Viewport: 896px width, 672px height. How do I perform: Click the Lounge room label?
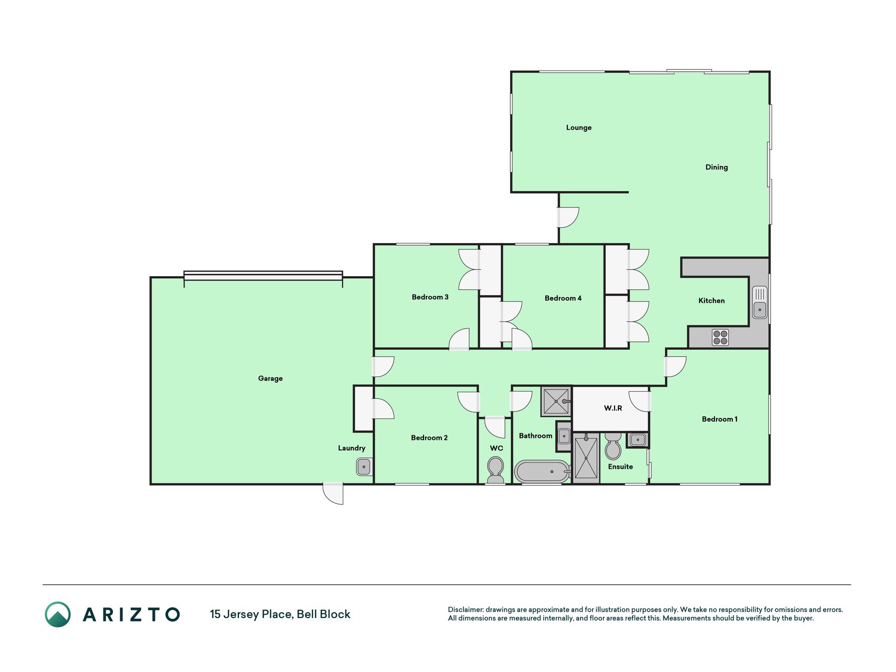[x=578, y=128]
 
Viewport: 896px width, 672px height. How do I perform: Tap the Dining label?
[x=716, y=167]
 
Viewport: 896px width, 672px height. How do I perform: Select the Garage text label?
[x=270, y=379]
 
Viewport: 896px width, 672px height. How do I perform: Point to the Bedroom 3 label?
[x=430, y=297]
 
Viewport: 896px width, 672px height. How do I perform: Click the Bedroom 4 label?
[x=563, y=298]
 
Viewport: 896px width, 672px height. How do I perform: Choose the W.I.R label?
[x=613, y=408]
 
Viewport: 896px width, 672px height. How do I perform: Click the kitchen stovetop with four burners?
[x=720, y=337]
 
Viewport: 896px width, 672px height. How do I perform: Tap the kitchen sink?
[x=760, y=302]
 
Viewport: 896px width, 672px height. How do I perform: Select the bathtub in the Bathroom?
[x=542, y=471]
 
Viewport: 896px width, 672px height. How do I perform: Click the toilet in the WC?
[x=496, y=469]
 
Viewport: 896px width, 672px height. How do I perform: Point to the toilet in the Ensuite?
[x=613, y=446]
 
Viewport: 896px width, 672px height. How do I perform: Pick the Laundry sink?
[x=364, y=466]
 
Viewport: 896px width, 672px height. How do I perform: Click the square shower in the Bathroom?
[x=556, y=402]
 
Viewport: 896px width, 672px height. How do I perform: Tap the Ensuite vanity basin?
[x=638, y=439]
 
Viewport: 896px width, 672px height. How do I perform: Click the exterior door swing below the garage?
[x=333, y=493]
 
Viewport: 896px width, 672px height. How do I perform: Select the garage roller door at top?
[x=263, y=276]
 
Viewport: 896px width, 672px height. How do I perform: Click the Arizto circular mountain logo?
[x=58, y=614]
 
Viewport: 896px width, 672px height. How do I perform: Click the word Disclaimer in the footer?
[x=466, y=610]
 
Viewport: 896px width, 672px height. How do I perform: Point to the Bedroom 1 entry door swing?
[x=676, y=366]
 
